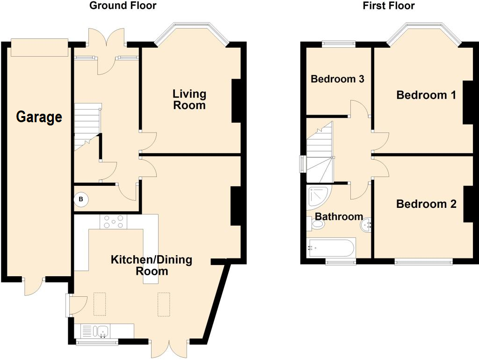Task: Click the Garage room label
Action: point(39,117)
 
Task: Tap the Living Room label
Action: point(189,99)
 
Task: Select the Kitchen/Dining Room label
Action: point(151,265)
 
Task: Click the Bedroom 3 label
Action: point(337,79)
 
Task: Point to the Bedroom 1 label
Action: point(426,95)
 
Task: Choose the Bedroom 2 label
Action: point(426,204)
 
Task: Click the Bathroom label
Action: point(339,216)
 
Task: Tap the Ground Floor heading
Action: point(123,6)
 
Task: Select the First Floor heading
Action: point(389,6)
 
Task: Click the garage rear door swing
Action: point(33,287)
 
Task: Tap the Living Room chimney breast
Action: point(236,101)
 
